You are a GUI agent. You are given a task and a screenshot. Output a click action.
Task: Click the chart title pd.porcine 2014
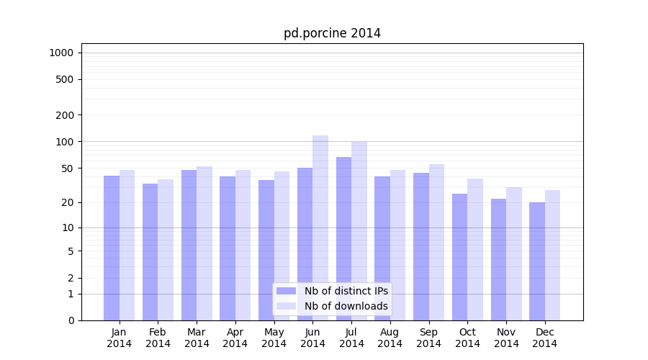[x=332, y=33]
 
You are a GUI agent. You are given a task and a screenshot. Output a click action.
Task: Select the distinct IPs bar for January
[x=112, y=248]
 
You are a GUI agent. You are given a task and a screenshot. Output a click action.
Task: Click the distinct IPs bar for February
[x=150, y=252]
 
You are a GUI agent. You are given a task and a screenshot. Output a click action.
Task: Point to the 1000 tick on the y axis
[x=61, y=53]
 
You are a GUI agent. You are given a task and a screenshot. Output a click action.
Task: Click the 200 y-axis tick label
[x=65, y=115]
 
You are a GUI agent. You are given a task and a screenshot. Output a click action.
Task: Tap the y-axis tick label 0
[x=71, y=320]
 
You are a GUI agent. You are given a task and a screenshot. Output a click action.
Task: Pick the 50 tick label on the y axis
[x=67, y=168]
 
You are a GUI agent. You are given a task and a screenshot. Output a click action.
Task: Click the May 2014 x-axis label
[x=274, y=338]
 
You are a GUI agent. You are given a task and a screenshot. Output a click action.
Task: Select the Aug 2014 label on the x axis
[x=390, y=338]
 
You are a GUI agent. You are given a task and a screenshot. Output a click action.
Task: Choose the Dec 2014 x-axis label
[x=545, y=338]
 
